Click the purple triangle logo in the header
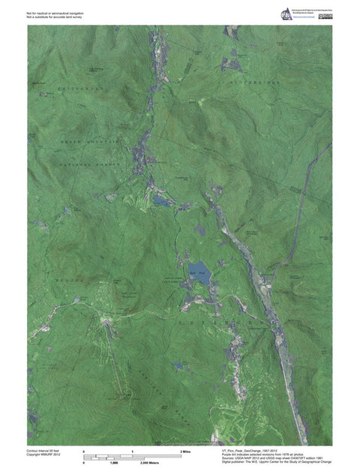286,13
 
